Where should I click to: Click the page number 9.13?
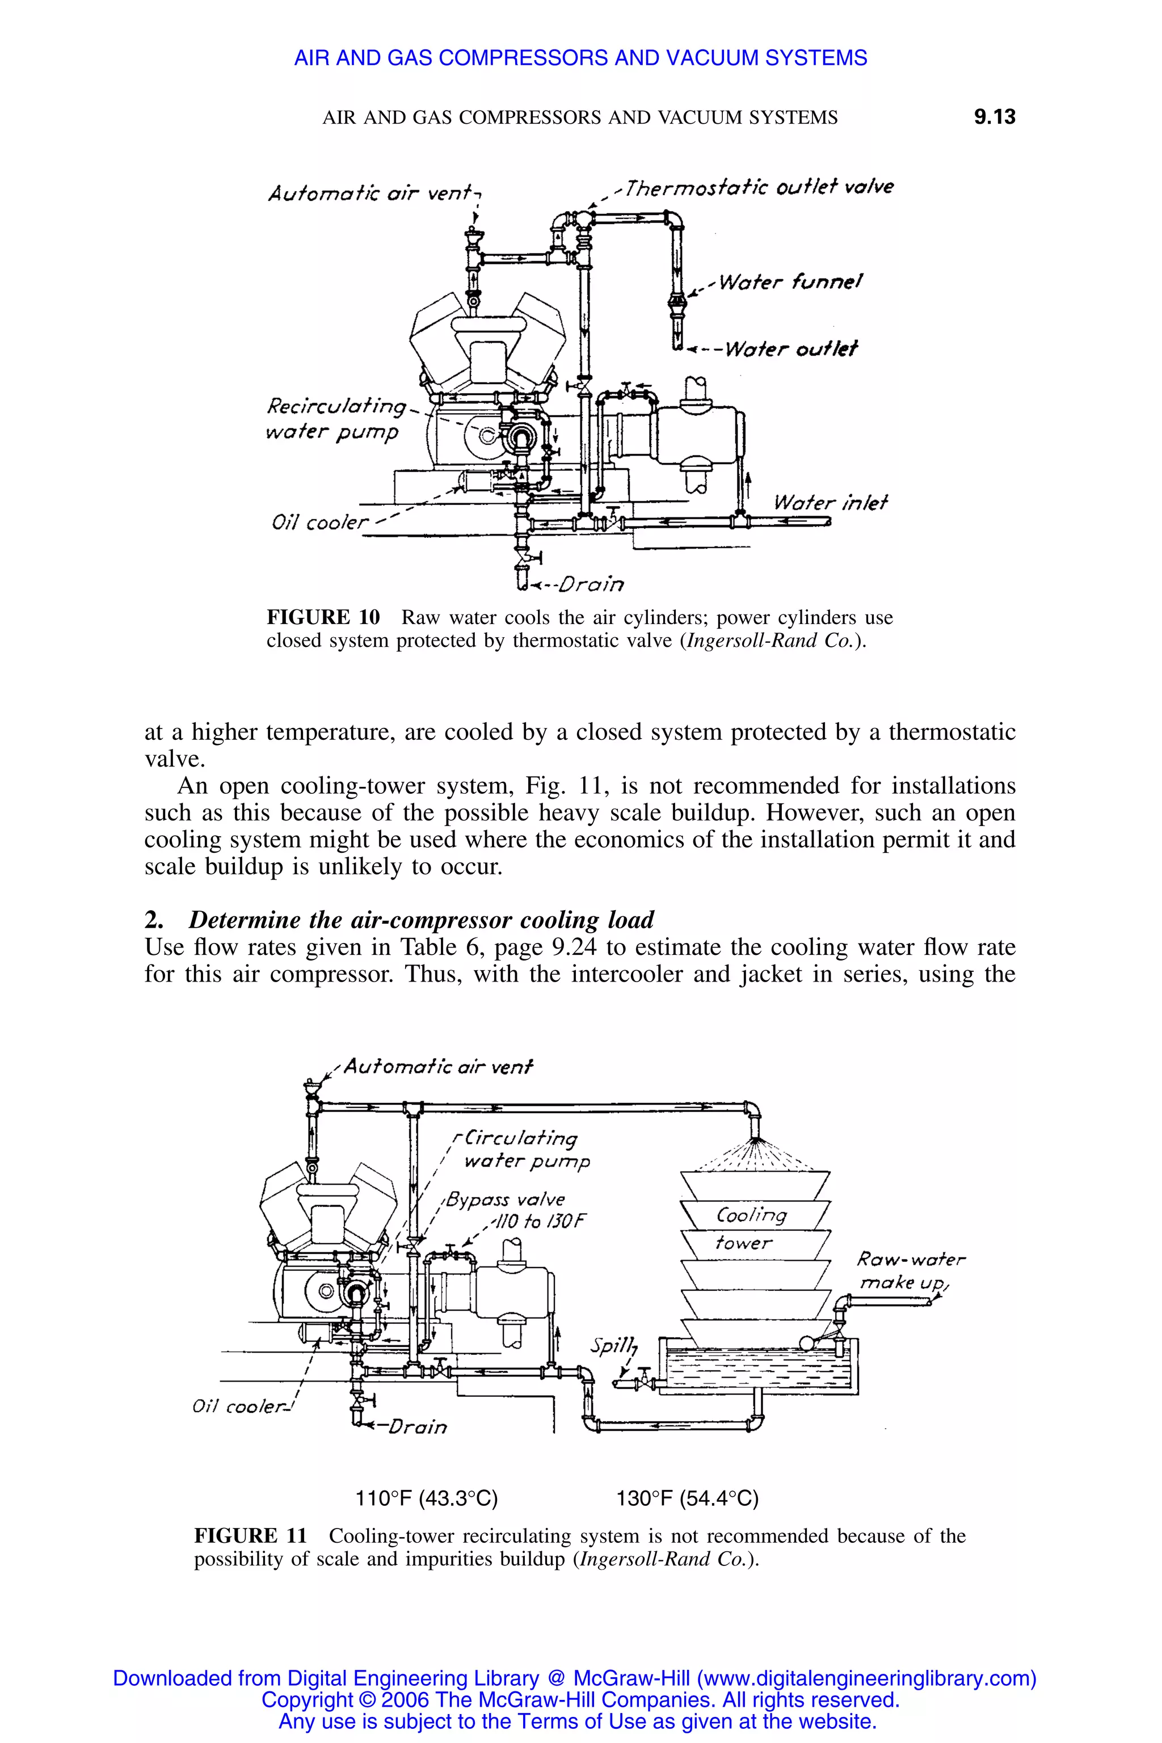[994, 117]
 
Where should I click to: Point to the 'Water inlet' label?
[830, 503]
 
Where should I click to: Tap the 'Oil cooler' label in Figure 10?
[319, 523]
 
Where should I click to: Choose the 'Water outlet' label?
[790, 348]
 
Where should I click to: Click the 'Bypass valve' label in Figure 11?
[506, 1199]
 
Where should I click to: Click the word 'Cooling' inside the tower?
[751, 1215]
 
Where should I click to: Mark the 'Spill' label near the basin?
[612, 1345]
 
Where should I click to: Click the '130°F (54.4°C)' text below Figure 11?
[687, 1498]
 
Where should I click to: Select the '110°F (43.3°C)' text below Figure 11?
[426, 1498]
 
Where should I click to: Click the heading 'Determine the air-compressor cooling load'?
[421, 920]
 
